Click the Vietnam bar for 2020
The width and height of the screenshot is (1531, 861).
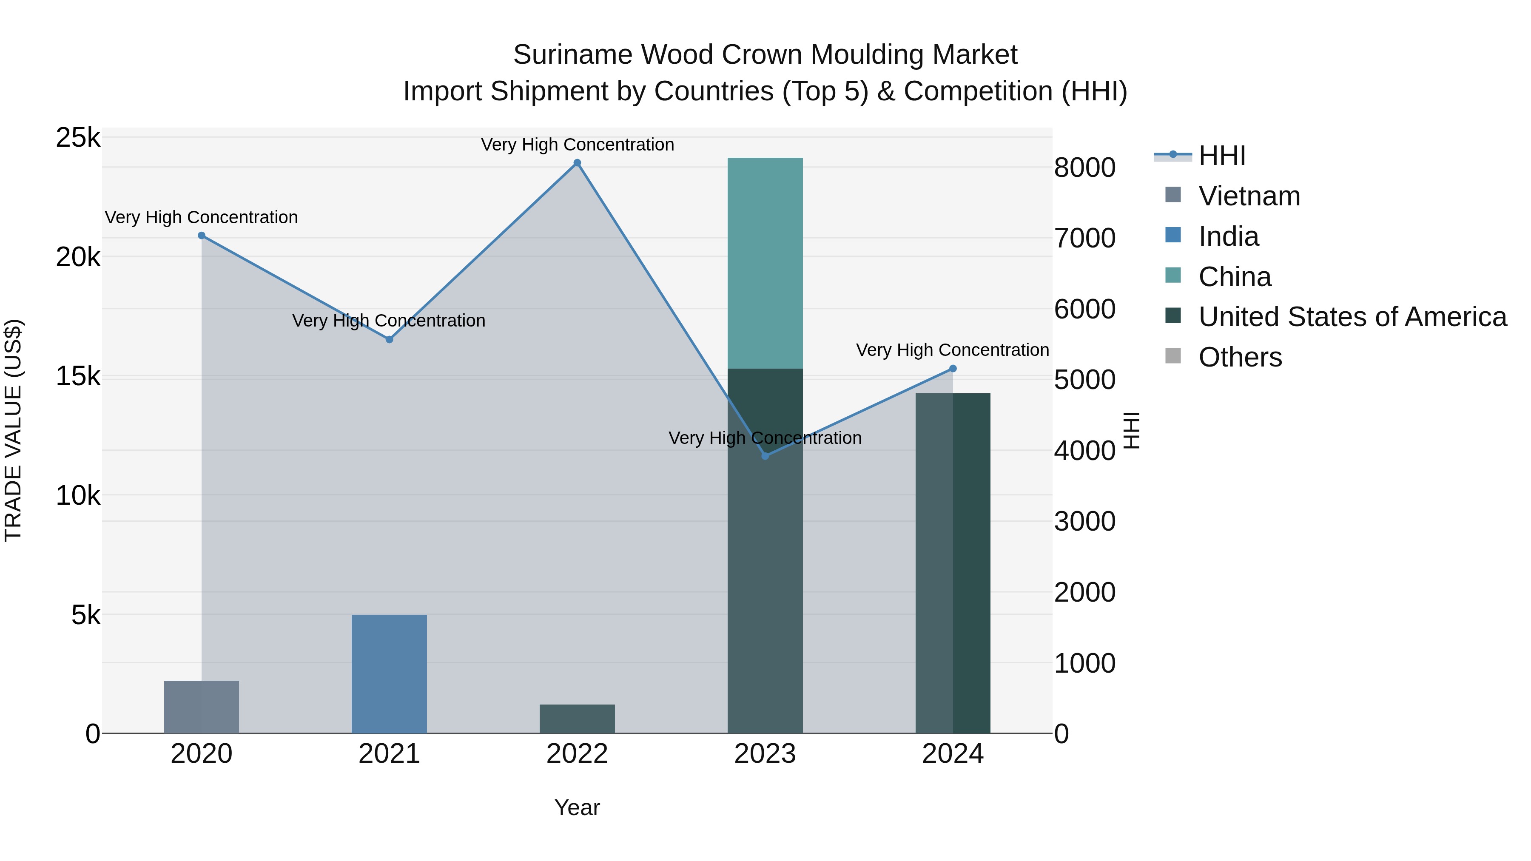(202, 707)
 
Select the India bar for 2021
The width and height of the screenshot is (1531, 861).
(389, 674)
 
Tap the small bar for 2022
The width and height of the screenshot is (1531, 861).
(577, 719)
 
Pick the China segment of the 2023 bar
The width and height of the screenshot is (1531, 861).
(765, 263)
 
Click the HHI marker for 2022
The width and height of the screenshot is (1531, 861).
(577, 163)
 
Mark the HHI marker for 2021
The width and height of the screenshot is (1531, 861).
(389, 340)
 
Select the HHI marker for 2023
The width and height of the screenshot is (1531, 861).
(765, 456)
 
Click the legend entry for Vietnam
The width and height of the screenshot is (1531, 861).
(1249, 196)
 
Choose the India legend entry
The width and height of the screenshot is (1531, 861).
(1228, 236)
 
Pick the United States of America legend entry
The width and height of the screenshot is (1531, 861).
(1352, 317)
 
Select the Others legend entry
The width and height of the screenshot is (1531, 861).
(1240, 357)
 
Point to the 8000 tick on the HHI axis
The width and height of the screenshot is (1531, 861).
(1084, 168)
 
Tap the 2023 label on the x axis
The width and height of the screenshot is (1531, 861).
(765, 754)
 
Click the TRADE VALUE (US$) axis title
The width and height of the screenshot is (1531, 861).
(13, 430)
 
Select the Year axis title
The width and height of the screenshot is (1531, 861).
(577, 807)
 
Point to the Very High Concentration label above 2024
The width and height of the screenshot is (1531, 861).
(952, 350)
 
